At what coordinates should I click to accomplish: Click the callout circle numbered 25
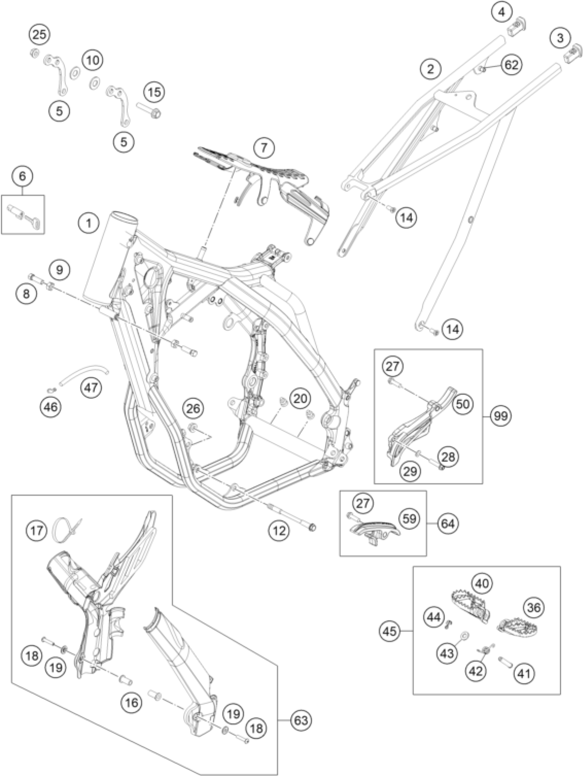pos(39,35)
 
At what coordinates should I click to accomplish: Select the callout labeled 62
pos(511,65)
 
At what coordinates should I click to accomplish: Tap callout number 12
pos(279,530)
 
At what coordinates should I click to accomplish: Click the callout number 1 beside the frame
pos(89,223)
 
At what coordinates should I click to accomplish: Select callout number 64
pos(448,524)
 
